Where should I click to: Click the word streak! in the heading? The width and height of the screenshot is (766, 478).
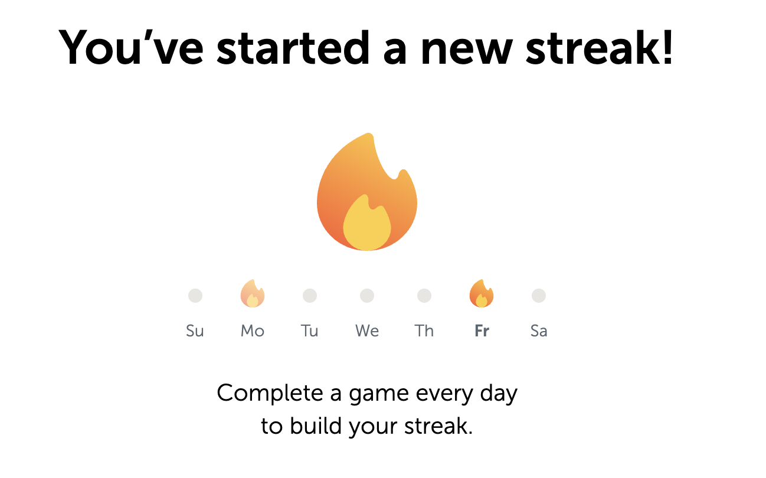point(600,47)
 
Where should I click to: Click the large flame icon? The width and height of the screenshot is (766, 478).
point(367,192)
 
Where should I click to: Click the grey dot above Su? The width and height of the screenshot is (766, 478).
point(195,296)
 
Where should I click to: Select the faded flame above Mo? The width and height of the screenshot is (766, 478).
point(253,293)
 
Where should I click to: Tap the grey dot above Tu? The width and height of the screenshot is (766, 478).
point(310,296)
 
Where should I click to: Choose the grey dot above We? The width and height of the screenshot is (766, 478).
point(367,296)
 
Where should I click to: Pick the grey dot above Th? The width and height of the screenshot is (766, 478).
point(424,296)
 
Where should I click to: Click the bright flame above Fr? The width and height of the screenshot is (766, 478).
point(482,293)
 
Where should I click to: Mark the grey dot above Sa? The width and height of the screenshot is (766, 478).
point(539,296)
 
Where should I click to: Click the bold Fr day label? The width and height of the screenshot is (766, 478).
point(482,330)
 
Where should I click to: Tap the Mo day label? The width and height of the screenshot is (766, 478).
point(253,330)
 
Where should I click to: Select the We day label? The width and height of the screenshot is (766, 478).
point(367,330)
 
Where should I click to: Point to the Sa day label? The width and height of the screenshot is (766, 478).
point(539,330)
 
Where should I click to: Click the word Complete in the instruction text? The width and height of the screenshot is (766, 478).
point(270,394)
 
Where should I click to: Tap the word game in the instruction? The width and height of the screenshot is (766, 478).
point(379,395)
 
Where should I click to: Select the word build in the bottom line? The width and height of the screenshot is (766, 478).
point(316,425)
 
